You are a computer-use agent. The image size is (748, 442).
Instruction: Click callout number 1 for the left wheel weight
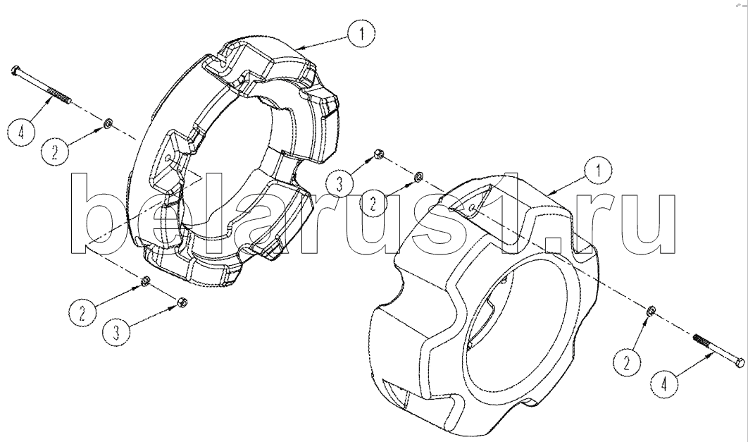(361, 33)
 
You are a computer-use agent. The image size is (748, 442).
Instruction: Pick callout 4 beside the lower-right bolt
(665, 384)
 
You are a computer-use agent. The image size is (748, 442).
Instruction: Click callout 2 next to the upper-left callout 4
(55, 152)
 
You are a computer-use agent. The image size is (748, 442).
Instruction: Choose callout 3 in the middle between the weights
(340, 184)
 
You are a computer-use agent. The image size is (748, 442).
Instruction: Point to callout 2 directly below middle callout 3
(374, 204)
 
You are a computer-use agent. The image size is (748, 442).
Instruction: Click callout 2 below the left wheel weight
(82, 313)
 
